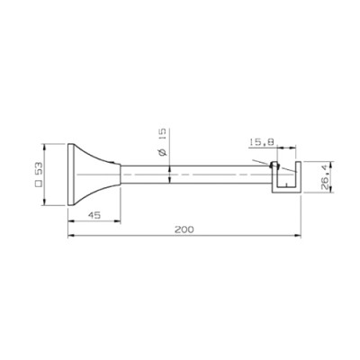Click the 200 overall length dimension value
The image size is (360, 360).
pos(184,229)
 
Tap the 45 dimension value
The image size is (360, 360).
pos(94,215)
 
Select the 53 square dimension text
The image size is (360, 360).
pos(39,169)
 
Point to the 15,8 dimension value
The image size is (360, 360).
pos(261,142)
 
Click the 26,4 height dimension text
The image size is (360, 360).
pos(325,178)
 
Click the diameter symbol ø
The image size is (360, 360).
pos(162,152)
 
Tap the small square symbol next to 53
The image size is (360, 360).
pos(39,184)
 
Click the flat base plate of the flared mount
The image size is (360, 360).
pos(70,175)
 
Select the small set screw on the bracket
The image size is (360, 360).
pos(274,165)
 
